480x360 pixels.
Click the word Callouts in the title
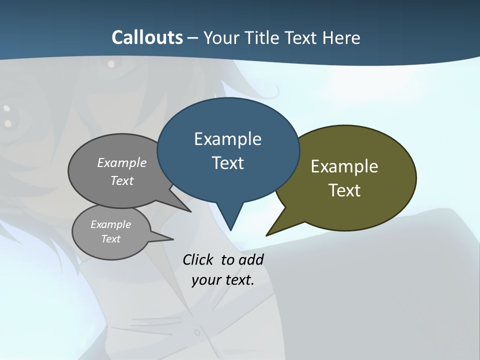147,37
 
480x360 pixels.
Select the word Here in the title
341,37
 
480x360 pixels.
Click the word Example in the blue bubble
227,139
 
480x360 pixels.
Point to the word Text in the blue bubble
227,163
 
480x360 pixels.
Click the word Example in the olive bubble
344,166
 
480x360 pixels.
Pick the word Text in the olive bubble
344,190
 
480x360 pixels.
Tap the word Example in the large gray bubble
122,162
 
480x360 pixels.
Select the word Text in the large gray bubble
122,180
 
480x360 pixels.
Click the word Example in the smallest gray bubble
110,224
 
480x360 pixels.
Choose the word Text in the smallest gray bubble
110,239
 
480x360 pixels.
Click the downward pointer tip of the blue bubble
230,230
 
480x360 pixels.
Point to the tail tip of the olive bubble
266,235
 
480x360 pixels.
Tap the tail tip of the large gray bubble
191,212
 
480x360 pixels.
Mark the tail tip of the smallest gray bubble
173,239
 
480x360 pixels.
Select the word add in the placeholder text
251,259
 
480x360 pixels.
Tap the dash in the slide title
193,38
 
